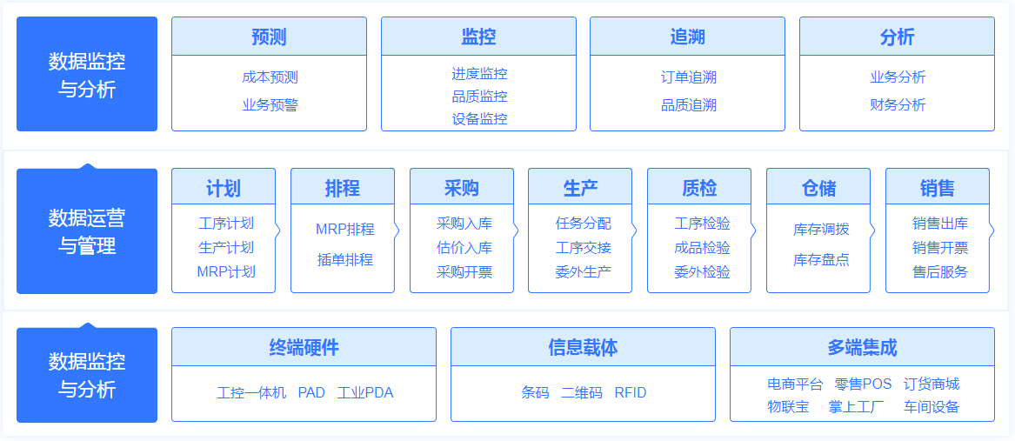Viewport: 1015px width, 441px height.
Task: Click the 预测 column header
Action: pos(269,37)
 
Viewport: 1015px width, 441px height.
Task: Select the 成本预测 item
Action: pos(270,77)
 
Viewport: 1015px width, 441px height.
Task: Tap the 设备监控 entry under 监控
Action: pos(479,119)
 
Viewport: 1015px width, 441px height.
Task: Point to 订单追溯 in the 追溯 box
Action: pos(688,77)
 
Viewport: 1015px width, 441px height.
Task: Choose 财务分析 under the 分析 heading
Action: pos(898,105)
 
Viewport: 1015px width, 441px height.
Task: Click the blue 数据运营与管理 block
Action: pos(87,231)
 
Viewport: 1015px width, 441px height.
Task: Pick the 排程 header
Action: pos(343,189)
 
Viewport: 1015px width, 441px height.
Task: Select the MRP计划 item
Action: pos(226,272)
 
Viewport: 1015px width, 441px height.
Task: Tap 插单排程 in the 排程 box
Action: pos(345,260)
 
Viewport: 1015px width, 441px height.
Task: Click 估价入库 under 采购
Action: pos(464,248)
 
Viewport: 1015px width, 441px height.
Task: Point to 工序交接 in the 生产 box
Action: pos(584,248)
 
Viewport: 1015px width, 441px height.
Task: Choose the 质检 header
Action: pos(699,189)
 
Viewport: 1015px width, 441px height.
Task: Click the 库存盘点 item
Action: pos(821,260)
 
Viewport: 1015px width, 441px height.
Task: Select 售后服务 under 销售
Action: pos(940,272)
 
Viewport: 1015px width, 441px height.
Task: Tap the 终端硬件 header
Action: pos(304,348)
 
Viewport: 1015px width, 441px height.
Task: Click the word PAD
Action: pos(311,393)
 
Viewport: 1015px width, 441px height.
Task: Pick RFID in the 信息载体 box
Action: pos(631,393)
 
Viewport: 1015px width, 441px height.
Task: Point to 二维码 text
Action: pos(581,393)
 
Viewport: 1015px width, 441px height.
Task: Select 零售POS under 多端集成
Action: pos(863,384)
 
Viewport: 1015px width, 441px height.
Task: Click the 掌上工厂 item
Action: pos(857,407)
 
